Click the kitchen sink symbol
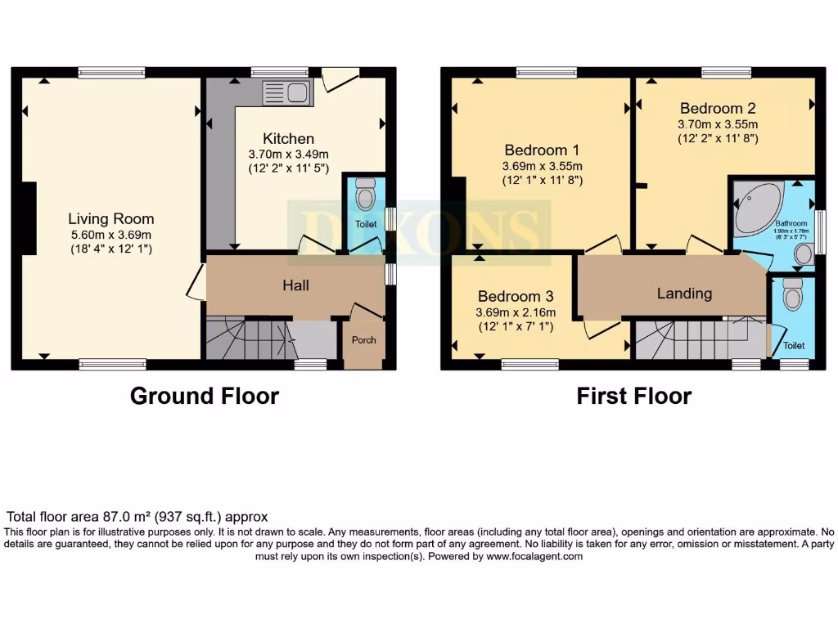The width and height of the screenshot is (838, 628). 286,93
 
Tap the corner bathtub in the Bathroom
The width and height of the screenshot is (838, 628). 756,208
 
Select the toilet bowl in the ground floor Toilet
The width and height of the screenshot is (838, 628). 365,195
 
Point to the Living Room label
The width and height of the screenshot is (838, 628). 110,218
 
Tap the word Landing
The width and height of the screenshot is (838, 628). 684,294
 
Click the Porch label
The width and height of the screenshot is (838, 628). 363,339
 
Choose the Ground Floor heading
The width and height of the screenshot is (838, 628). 205,397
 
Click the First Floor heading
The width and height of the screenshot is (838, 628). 633,397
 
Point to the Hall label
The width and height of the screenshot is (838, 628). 295,285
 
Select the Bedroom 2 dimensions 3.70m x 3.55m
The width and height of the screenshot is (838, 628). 718,124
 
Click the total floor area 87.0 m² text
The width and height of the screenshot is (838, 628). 137,517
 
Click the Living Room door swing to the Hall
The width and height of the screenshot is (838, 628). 195,282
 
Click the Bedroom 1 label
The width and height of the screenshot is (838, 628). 542,150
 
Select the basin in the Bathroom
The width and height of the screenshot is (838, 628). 804,254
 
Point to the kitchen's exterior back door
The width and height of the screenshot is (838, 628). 340,78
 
